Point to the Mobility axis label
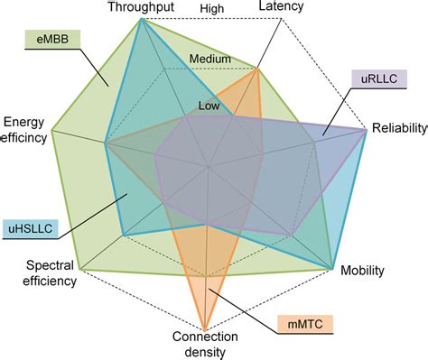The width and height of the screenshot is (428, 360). [x=361, y=270]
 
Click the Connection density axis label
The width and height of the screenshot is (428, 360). [x=206, y=344]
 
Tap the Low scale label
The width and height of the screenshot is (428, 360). [x=209, y=106]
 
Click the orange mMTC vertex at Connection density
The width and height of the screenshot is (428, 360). [x=207, y=328]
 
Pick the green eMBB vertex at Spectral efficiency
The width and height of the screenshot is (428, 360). [x=80, y=269]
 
